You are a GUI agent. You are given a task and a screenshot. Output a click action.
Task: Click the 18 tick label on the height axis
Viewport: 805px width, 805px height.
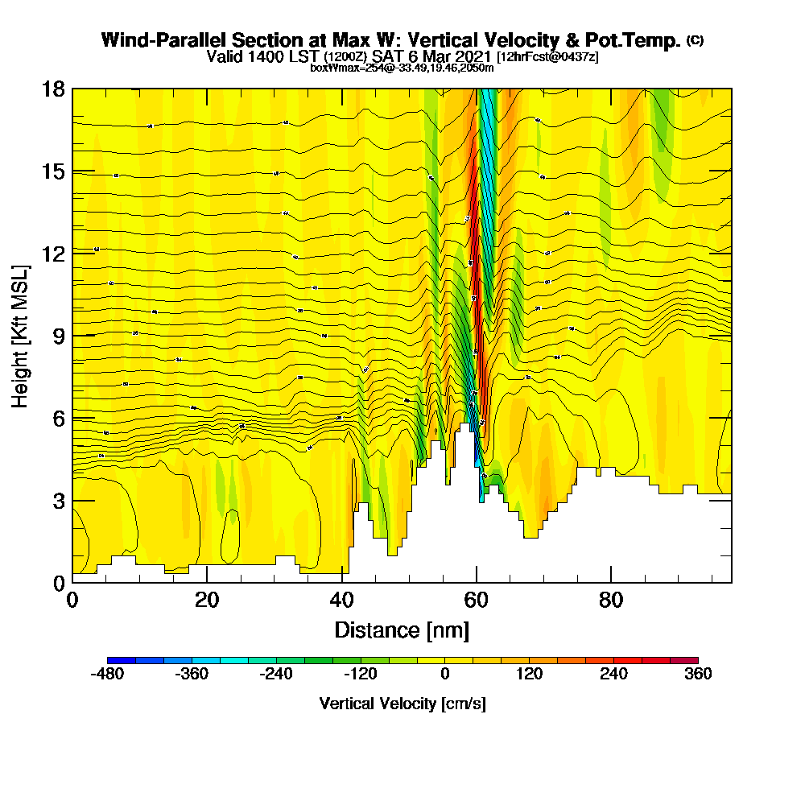click(53, 89)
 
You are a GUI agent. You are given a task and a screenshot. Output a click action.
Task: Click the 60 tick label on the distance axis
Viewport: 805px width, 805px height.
click(477, 600)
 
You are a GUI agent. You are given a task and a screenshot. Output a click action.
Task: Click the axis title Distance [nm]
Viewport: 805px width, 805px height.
click(402, 630)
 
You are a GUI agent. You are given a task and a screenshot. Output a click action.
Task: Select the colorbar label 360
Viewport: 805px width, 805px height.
click(698, 675)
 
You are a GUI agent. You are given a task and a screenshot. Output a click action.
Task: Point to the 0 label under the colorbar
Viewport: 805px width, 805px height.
click(445, 675)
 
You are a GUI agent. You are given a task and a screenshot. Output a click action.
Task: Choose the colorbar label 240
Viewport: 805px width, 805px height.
click(613, 675)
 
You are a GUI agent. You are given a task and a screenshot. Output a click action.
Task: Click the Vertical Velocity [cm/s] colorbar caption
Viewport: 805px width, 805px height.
click(402, 704)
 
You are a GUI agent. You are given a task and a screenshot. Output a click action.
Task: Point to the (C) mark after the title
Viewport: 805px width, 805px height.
click(695, 40)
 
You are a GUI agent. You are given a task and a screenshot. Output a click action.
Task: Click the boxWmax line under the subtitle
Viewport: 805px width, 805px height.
click(402, 68)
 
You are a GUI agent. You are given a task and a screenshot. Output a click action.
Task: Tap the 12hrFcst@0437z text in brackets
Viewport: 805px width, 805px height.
click(548, 57)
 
